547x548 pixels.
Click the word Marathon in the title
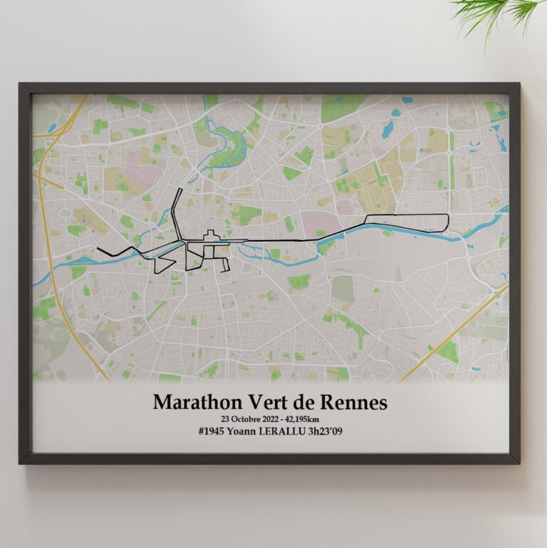(194, 403)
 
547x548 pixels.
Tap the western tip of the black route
(98, 248)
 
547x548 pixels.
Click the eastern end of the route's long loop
(448, 222)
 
